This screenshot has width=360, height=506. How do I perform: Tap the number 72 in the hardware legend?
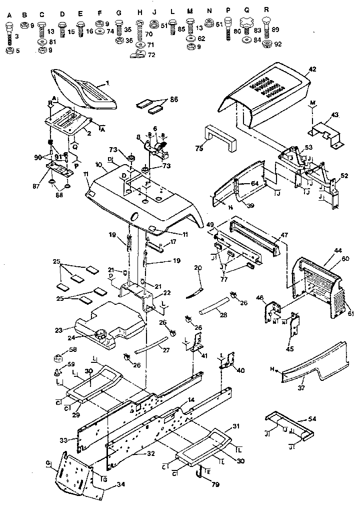pyautogui.click(x=151, y=55)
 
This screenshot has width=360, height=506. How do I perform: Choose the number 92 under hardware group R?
pyautogui.click(x=278, y=44)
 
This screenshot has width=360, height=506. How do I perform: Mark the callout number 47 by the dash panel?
pyautogui.click(x=284, y=234)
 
